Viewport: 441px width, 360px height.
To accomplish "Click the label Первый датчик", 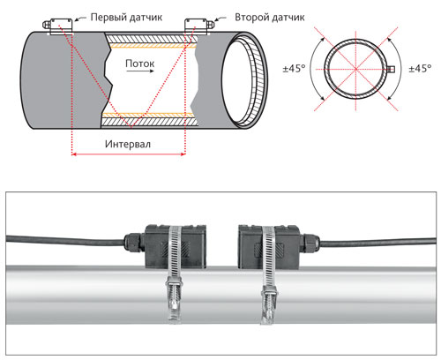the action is [126, 18].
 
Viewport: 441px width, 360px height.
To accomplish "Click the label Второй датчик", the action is [269, 18].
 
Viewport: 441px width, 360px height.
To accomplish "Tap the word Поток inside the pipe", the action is [139, 64].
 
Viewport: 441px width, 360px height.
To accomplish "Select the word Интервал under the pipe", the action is [128, 144].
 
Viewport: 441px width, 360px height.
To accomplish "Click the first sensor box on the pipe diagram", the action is [61, 26].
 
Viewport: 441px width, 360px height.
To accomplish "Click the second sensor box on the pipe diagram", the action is [196, 26].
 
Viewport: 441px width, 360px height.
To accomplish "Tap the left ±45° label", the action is [294, 69].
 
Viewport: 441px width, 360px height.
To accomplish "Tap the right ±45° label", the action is [420, 69].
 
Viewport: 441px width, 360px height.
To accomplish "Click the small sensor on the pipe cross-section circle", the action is [391, 69].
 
